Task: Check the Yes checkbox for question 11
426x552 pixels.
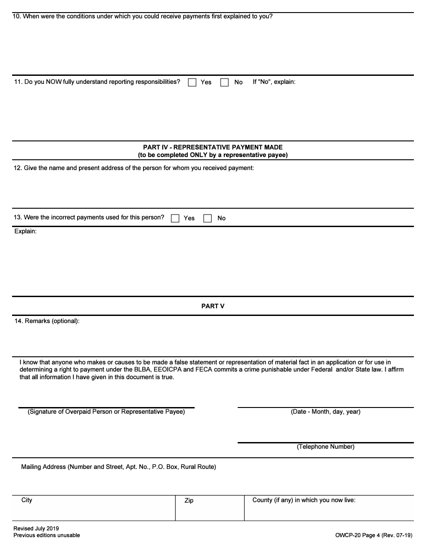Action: (x=192, y=83)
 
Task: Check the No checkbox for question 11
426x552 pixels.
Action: (x=225, y=83)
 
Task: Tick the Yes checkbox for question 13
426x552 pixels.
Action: (x=175, y=219)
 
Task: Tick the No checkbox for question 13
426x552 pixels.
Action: (x=207, y=219)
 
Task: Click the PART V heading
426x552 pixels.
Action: (x=213, y=306)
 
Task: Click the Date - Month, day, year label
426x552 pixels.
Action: (x=326, y=412)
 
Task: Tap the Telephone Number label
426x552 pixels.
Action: (x=326, y=447)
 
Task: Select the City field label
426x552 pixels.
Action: (x=27, y=500)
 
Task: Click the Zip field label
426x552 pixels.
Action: (x=189, y=500)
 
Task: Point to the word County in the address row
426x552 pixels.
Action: (x=262, y=500)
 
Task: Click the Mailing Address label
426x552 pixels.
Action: (x=118, y=467)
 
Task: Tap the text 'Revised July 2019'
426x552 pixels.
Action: (x=36, y=529)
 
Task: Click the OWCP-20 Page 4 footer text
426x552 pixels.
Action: (x=373, y=535)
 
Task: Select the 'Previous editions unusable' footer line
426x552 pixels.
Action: (x=47, y=535)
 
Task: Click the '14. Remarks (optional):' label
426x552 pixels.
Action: (x=47, y=321)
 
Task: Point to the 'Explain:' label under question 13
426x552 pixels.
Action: (x=26, y=231)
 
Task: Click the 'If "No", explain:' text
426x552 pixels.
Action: (x=274, y=82)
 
